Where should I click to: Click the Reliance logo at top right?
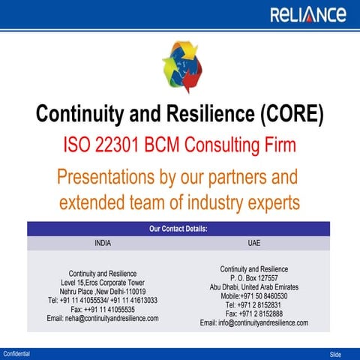pos(307,15)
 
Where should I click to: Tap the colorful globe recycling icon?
pos(180,67)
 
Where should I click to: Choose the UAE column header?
pos(253,244)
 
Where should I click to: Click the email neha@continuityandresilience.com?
pos(103,318)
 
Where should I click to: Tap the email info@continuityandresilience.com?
pos(253,323)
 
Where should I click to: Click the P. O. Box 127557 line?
pos(253,278)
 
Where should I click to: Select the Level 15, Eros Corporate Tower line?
pos(103,283)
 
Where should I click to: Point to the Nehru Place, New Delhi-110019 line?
pos(103,292)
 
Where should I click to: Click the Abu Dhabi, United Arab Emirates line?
pos(253,287)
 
